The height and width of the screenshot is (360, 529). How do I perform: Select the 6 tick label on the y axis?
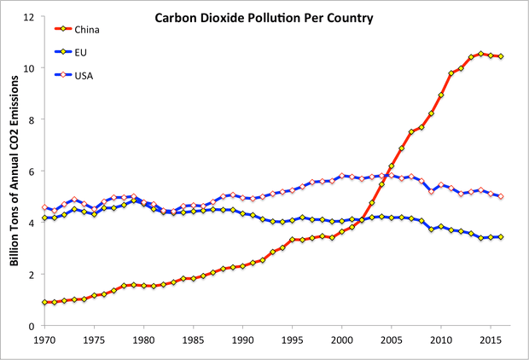click(31, 171)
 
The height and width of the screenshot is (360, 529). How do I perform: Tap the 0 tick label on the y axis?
click(31, 326)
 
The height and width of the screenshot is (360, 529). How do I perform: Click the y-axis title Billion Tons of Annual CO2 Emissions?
click(14, 171)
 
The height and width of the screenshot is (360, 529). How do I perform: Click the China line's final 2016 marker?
click(500, 56)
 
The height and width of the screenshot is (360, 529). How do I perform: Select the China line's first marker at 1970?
click(44, 302)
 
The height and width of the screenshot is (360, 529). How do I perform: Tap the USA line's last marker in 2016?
click(500, 196)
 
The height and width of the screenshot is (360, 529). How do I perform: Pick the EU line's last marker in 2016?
click(500, 237)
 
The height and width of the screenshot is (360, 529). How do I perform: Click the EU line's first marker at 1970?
click(44, 218)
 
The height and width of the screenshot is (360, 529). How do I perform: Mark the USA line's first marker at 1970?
click(44, 207)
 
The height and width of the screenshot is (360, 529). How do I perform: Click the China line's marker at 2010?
click(441, 95)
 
